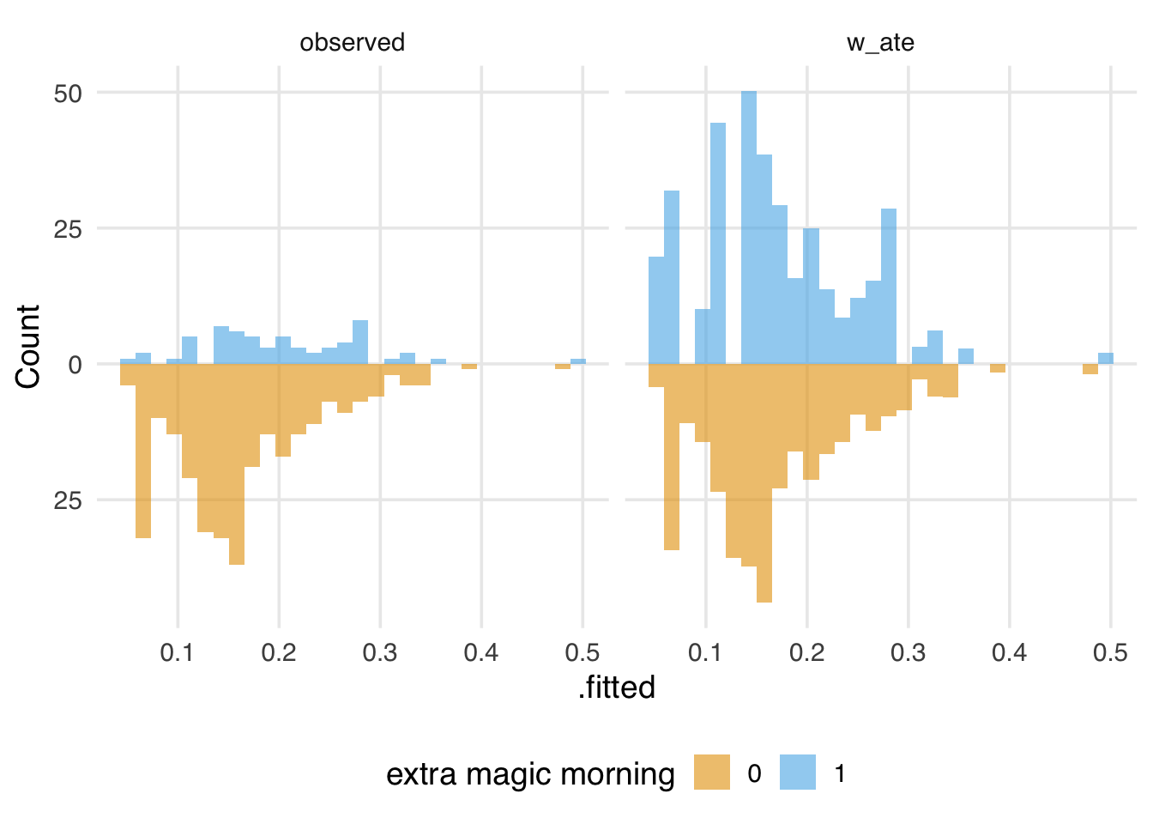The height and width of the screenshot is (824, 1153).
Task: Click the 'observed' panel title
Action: (352, 43)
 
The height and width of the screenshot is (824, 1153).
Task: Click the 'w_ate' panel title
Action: (880, 43)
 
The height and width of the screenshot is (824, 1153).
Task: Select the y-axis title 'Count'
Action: (28, 346)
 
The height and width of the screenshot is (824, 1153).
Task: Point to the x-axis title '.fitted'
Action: (616, 688)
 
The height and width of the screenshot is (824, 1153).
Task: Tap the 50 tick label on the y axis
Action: (68, 94)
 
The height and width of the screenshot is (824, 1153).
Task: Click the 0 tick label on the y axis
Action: (75, 365)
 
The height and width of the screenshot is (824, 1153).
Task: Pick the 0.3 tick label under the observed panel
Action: (380, 653)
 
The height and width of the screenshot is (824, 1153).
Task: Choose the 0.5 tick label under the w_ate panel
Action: (1110, 653)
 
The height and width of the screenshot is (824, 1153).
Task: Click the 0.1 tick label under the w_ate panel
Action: (705, 653)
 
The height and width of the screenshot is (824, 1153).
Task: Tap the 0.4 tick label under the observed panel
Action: (481, 653)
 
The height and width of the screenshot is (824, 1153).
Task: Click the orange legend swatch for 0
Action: (711, 772)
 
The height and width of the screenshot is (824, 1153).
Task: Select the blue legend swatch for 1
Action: (797, 772)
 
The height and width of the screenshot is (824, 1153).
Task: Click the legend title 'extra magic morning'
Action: (530, 774)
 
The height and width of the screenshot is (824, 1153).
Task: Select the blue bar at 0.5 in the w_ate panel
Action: (1106, 359)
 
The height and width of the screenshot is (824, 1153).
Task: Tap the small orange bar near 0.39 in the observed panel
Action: (469, 367)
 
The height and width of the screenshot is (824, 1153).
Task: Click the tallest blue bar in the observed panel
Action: (360, 342)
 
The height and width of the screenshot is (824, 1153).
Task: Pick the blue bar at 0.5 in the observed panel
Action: (578, 361)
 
